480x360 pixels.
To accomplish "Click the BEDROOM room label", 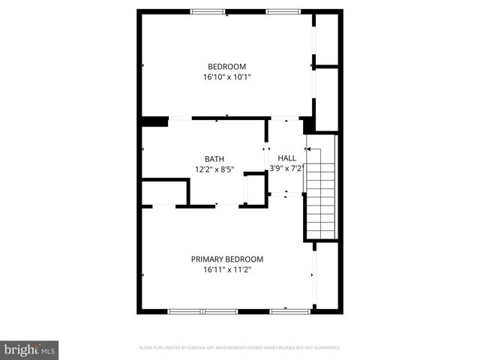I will (226, 66).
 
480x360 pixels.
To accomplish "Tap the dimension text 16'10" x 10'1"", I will (226, 76).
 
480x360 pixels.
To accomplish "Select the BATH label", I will (214, 159).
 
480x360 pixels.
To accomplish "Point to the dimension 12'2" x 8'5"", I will (214, 169).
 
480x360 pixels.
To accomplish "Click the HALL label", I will (286, 158).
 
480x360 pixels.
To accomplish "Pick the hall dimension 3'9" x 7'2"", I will (286, 169).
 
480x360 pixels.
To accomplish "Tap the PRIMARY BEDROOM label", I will (226, 259).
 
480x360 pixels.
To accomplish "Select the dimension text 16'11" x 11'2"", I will (226, 269).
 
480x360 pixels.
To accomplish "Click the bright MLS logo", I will (30, 349).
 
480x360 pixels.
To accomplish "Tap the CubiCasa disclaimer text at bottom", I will (240, 348).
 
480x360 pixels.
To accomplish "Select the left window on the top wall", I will (207, 11).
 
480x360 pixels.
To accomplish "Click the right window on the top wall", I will (283, 11).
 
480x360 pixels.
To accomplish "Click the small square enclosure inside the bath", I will (256, 190).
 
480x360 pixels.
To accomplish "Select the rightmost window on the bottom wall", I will (290, 310).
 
